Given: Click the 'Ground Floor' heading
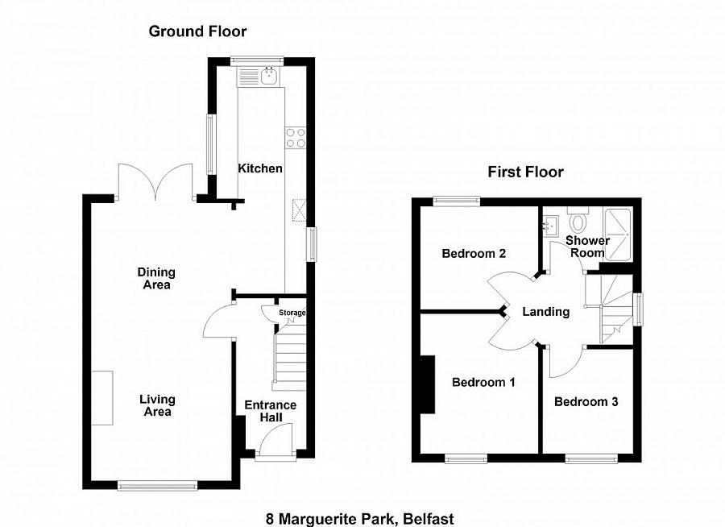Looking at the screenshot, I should click(x=197, y=31).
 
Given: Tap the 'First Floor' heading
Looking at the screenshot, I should click(x=525, y=172).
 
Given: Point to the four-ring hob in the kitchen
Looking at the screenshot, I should click(x=296, y=138).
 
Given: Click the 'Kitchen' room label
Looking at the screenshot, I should click(x=260, y=168).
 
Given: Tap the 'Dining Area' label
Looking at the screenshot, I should click(x=156, y=278).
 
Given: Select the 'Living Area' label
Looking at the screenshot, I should click(x=157, y=405).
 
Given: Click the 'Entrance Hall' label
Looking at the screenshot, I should click(x=271, y=412).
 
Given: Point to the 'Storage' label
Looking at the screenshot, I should click(x=292, y=313).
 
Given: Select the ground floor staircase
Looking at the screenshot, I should click(x=289, y=359).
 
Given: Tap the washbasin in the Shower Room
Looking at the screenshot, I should click(x=552, y=224).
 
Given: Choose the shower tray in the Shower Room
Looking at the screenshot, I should click(x=619, y=234).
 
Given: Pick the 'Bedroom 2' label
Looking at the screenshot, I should click(x=474, y=253).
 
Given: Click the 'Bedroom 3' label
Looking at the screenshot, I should click(x=586, y=401).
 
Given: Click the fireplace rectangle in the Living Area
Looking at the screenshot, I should click(x=101, y=397).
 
